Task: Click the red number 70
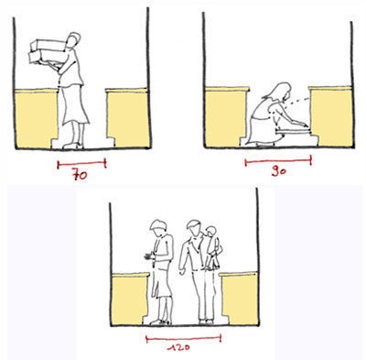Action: point(80,176)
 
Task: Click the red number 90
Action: point(278,171)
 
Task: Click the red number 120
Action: point(179,347)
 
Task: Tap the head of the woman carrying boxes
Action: point(74,39)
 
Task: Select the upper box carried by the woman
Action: point(48,46)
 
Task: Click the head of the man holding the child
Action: point(193,228)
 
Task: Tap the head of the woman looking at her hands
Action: point(158,228)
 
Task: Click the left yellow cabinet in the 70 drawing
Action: point(36,118)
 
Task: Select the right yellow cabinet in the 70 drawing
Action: point(127,117)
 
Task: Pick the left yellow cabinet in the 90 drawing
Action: point(226,116)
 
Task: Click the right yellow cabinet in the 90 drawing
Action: point(330,116)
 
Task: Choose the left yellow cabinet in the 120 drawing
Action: point(130,299)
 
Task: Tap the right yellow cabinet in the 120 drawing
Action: point(239,298)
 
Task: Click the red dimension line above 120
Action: point(184,338)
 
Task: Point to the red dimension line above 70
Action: point(81,164)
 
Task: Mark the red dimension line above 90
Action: point(278,161)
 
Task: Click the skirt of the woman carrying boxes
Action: point(75,105)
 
